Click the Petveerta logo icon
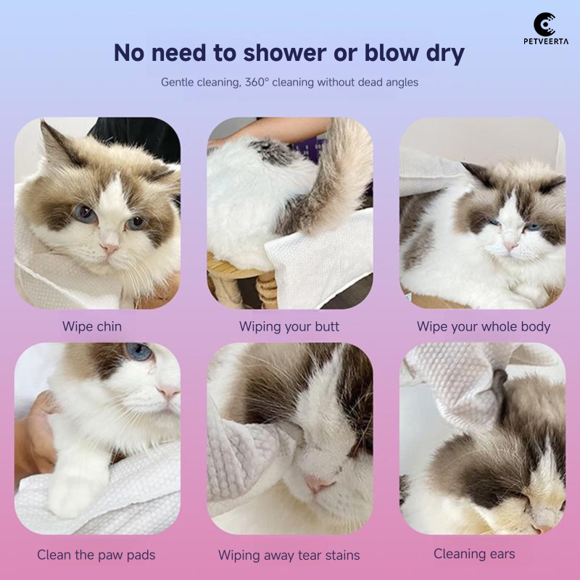544,24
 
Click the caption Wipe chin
92,326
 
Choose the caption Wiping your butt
289,326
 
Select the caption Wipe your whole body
484,326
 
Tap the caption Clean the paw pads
96,555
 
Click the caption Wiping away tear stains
289,555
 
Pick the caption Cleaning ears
474,554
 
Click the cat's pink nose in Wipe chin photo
109,248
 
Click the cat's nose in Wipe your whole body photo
512,246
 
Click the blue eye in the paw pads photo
139,353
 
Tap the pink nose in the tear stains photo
317,484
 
